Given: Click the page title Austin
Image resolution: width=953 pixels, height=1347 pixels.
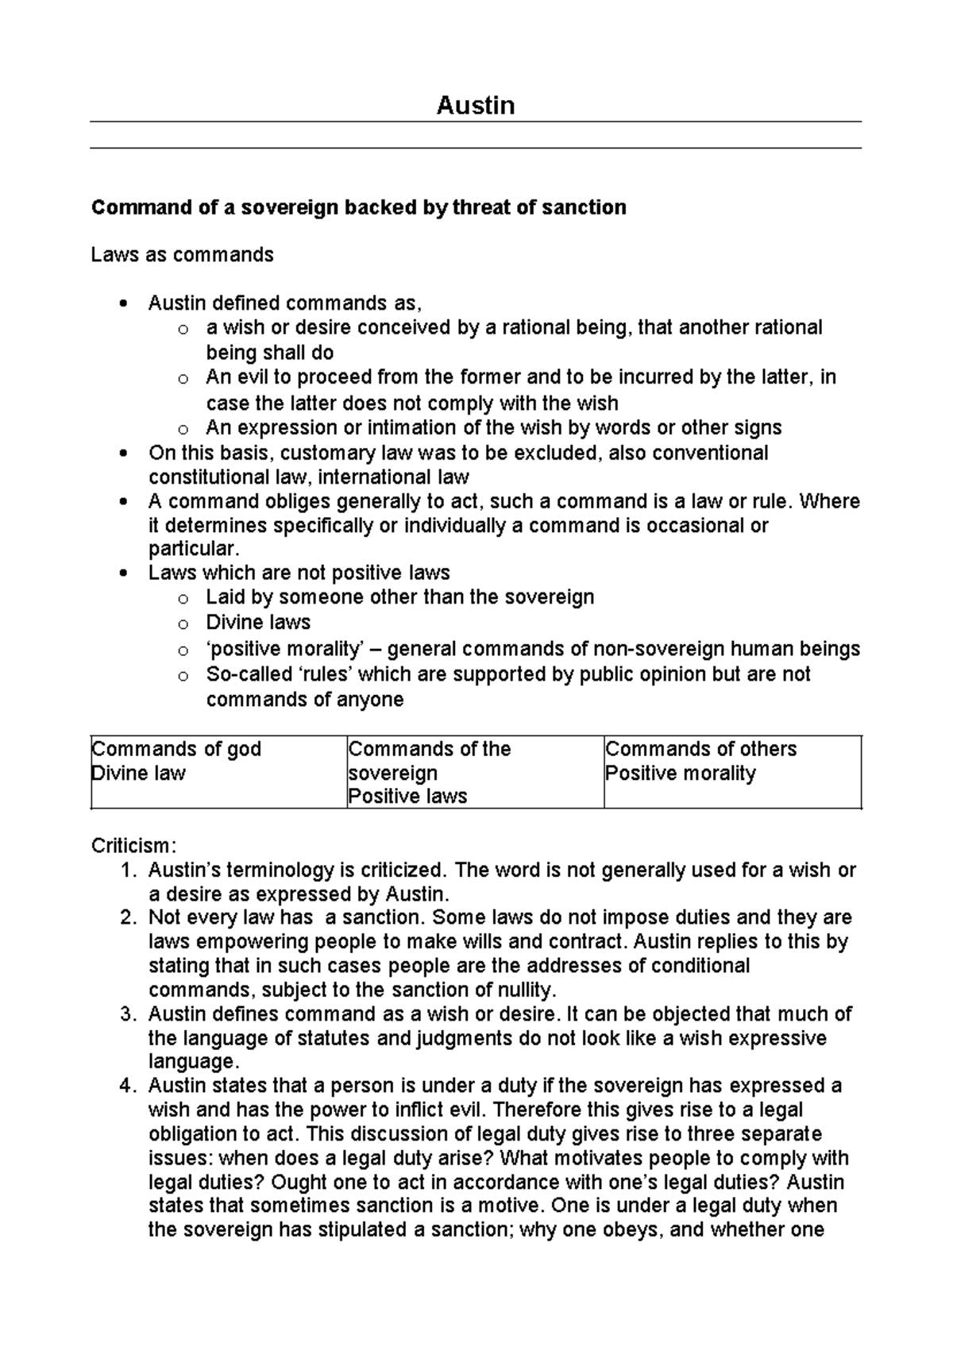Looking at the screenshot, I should pyautogui.click(x=475, y=106).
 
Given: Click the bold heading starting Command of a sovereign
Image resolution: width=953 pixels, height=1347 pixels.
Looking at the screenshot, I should pyautogui.click(x=358, y=208).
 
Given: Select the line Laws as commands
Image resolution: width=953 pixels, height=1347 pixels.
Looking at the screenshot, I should pyautogui.click(x=182, y=255).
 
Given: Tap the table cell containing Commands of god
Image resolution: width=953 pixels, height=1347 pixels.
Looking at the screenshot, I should pyautogui.click(x=218, y=771).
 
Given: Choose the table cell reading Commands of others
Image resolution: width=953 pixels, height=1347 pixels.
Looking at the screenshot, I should pyautogui.click(x=731, y=771).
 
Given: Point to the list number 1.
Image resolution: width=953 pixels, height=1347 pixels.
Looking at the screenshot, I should pyautogui.click(x=128, y=870).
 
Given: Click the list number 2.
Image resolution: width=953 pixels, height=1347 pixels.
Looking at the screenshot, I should pyautogui.click(x=128, y=918).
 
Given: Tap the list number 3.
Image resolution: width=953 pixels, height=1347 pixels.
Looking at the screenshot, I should pyautogui.click(x=128, y=1014).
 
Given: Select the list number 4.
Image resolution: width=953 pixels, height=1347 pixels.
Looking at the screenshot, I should pyautogui.click(x=128, y=1086).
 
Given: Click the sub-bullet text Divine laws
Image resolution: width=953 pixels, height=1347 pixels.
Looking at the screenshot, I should pyautogui.click(x=258, y=623).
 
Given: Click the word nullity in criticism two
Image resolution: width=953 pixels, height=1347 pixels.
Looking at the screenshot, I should pyautogui.click(x=526, y=990).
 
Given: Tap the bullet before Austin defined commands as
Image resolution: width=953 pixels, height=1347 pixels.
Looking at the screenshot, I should pyautogui.click(x=122, y=303).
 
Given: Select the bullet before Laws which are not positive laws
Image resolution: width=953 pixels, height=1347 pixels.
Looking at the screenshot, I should pyautogui.click(x=122, y=573).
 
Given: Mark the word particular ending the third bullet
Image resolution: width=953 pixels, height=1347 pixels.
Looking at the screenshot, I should pyautogui.click(x=193, y=549).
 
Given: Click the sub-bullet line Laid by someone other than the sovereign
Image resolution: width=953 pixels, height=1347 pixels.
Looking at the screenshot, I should pyautogui.click(x=399, y=597).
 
